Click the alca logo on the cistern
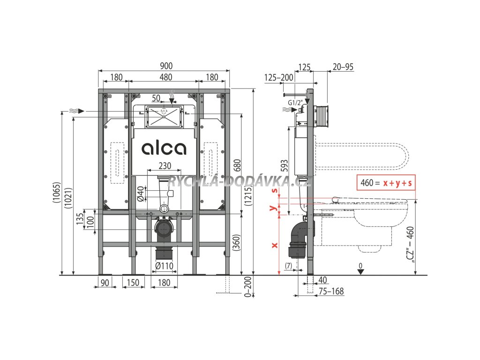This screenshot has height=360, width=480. pyautogui.click(x=164, y=148)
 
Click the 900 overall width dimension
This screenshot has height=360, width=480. pyautogui.click(x=164, y=67)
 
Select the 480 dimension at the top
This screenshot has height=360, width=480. pyautogui.click(x=164, y=77)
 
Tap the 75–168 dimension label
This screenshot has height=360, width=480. pyautogui.click(x=331, y=292)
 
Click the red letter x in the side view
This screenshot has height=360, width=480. pyautogui.click(x=275, y=245)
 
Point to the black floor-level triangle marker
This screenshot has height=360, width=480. pyautogui.click(x=360, y=272)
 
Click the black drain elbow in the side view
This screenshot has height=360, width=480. pyautogui.click(x=299, y=239)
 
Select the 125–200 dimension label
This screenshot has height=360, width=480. pyautogui.click(x=278, y=77)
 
